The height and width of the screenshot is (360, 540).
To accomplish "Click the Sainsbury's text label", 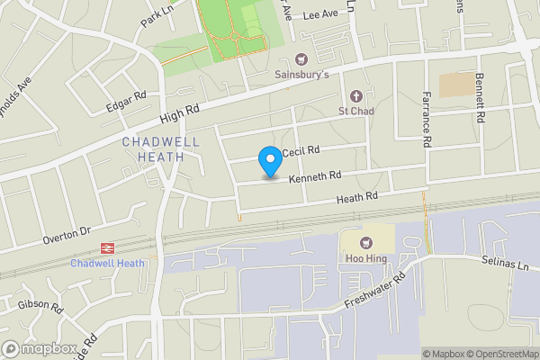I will pos(301,75).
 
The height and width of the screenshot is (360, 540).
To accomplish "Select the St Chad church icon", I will pos(355,96).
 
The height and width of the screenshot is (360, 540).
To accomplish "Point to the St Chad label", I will pos(355,112).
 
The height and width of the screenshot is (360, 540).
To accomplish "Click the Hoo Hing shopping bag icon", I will pos(366,241).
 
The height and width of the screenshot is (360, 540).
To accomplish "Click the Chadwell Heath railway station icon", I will pos(106,247).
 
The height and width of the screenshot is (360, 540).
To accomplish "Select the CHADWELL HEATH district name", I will pos(154,149).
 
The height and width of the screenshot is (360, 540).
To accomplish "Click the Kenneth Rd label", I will pos(315,177).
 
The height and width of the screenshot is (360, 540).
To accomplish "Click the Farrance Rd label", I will pos(425,120).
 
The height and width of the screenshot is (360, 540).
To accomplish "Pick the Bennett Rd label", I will pos(481,98).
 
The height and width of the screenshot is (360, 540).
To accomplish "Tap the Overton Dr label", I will pos(67,236).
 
